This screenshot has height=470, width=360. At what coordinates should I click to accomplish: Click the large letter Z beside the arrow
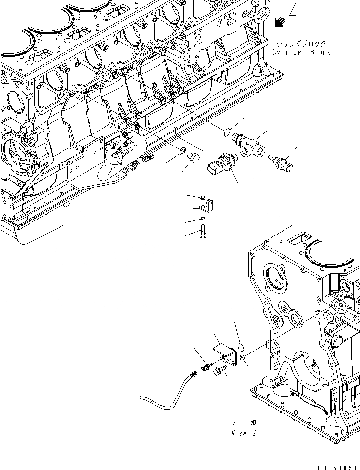tap(292, 10)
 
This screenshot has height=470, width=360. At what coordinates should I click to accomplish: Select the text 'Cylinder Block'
tap(301, 52)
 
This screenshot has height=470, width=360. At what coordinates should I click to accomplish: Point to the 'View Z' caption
tap(244, 433)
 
